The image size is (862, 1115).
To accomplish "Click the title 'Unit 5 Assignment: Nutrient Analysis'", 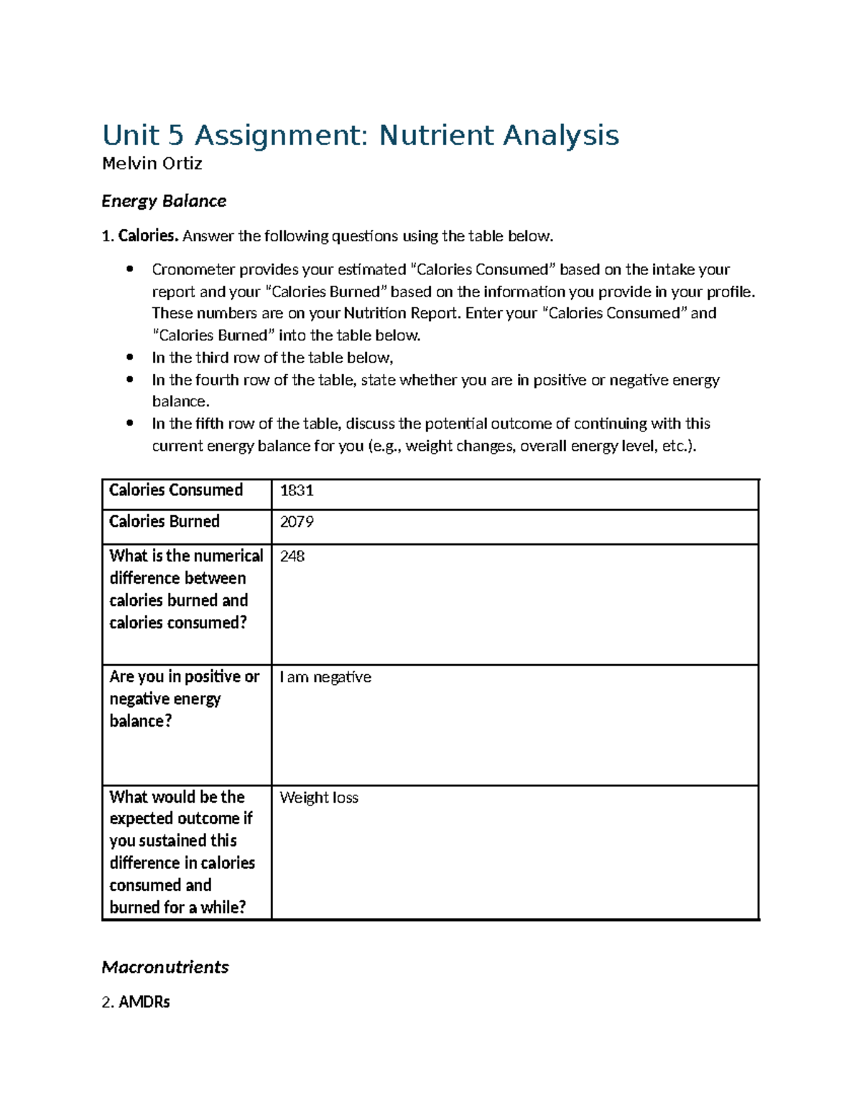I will (360, 136).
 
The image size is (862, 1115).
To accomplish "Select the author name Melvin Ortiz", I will (152, 164).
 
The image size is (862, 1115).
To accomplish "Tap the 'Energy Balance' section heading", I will (164, 201).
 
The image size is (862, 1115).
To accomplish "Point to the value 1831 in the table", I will (296, 490).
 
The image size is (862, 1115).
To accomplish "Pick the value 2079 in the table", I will (296, 522).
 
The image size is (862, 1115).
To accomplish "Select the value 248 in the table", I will (292, 556).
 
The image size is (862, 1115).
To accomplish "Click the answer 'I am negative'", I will (325, 677).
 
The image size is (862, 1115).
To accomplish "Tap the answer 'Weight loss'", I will (318, 798).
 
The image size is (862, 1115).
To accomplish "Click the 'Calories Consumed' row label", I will (175, 490).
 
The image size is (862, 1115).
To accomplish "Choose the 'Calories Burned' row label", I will (164, 522).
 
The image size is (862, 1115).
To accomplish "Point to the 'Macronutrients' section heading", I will (164, 967).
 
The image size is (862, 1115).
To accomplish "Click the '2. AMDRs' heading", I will (136, 1002).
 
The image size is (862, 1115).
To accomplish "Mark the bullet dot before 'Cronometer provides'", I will (129, 269).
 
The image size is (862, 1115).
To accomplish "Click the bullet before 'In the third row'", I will (129, 358).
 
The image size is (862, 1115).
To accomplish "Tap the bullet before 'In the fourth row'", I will (129, 380).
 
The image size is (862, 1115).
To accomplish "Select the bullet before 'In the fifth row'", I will (129, 424).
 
